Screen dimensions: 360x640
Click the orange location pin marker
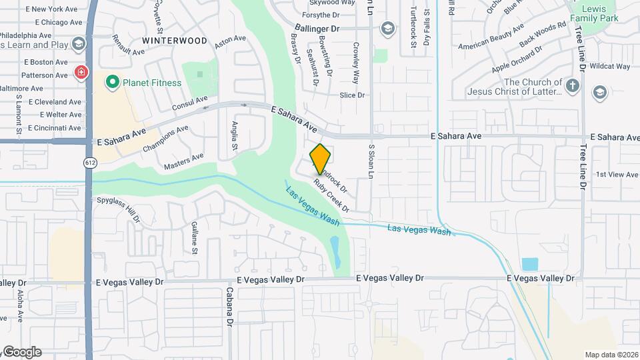[321, 159]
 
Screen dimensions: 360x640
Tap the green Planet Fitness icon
[112, 83]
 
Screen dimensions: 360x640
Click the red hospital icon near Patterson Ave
[81, 72]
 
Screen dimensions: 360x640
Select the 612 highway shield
[89, 163]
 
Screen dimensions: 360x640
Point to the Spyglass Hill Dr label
[119, 208]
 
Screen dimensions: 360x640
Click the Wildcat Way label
[610, 67]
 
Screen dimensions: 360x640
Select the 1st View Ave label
[617, 175]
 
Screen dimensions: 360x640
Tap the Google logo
[21, 352]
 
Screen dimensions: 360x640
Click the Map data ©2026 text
[611, 355]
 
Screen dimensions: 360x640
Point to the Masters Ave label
[183, 161]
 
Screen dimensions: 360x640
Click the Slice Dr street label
[352, 95]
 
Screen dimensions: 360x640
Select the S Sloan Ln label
[371, 160]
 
